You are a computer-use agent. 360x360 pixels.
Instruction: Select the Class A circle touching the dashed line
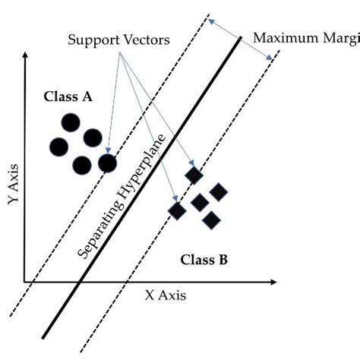click(x=107, y=163)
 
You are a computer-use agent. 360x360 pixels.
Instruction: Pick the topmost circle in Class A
click(x=70, y=122)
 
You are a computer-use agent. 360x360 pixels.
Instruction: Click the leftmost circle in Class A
click(x=59, y=146)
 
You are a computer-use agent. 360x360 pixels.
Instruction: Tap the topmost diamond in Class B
click(x=194, y=176)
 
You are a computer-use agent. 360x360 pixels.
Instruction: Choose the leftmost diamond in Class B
click(x=177, y=209)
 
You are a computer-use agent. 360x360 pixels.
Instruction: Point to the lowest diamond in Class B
click(x=210, y=220)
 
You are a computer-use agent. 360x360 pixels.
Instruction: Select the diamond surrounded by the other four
click(x=200, y=202)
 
